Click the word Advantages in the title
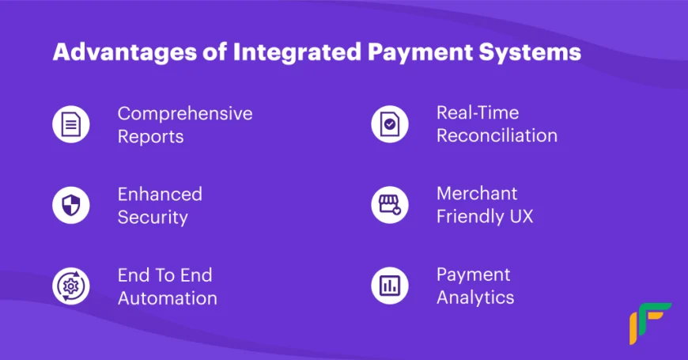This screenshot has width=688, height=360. coord(125,53)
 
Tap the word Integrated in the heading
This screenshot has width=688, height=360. coord(297,53)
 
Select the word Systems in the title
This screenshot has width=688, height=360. coord(530,53)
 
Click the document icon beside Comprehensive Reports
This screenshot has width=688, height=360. coord(71,124)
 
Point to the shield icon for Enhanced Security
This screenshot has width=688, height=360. coord(71,205)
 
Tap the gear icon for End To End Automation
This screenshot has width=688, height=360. coord(71,286)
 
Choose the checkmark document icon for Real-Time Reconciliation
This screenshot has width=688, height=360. coord(390,124)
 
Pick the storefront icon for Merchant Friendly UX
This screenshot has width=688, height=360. coord(390,205)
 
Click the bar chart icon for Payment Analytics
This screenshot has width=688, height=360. coord(390,286)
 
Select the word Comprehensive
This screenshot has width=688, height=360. coord(185,114)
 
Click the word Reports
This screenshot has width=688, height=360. coord(150,137)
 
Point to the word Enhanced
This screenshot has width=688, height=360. coord(160,194)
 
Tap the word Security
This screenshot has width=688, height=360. coord(153,218)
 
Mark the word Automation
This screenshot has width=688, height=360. coord(168,298)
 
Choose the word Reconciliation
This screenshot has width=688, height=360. coord(497,135)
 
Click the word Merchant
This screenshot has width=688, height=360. coord(477,194)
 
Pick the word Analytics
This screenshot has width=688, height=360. coord(475,298)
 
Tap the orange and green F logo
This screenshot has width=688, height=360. coord(650,324)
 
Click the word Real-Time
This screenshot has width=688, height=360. coord(478,113)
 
